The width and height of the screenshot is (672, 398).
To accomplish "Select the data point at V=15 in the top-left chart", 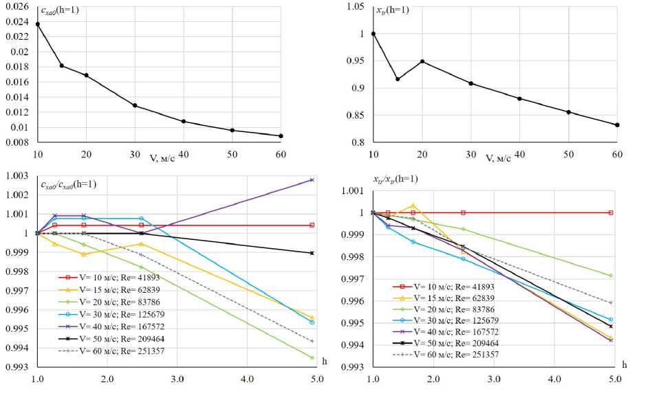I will click(62, 66).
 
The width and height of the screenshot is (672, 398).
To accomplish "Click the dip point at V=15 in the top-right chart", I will click(398, 79).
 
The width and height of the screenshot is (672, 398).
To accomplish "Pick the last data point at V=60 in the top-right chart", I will click(617, 125).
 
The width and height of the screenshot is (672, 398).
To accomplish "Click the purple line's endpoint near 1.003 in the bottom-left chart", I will click(312, 180).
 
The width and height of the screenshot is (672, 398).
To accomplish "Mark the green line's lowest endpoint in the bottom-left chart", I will click(312, 357).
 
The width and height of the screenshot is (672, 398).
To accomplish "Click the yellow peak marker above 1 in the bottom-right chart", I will click(413, 206).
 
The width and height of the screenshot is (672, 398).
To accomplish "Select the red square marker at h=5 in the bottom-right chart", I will click(610, 213).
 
